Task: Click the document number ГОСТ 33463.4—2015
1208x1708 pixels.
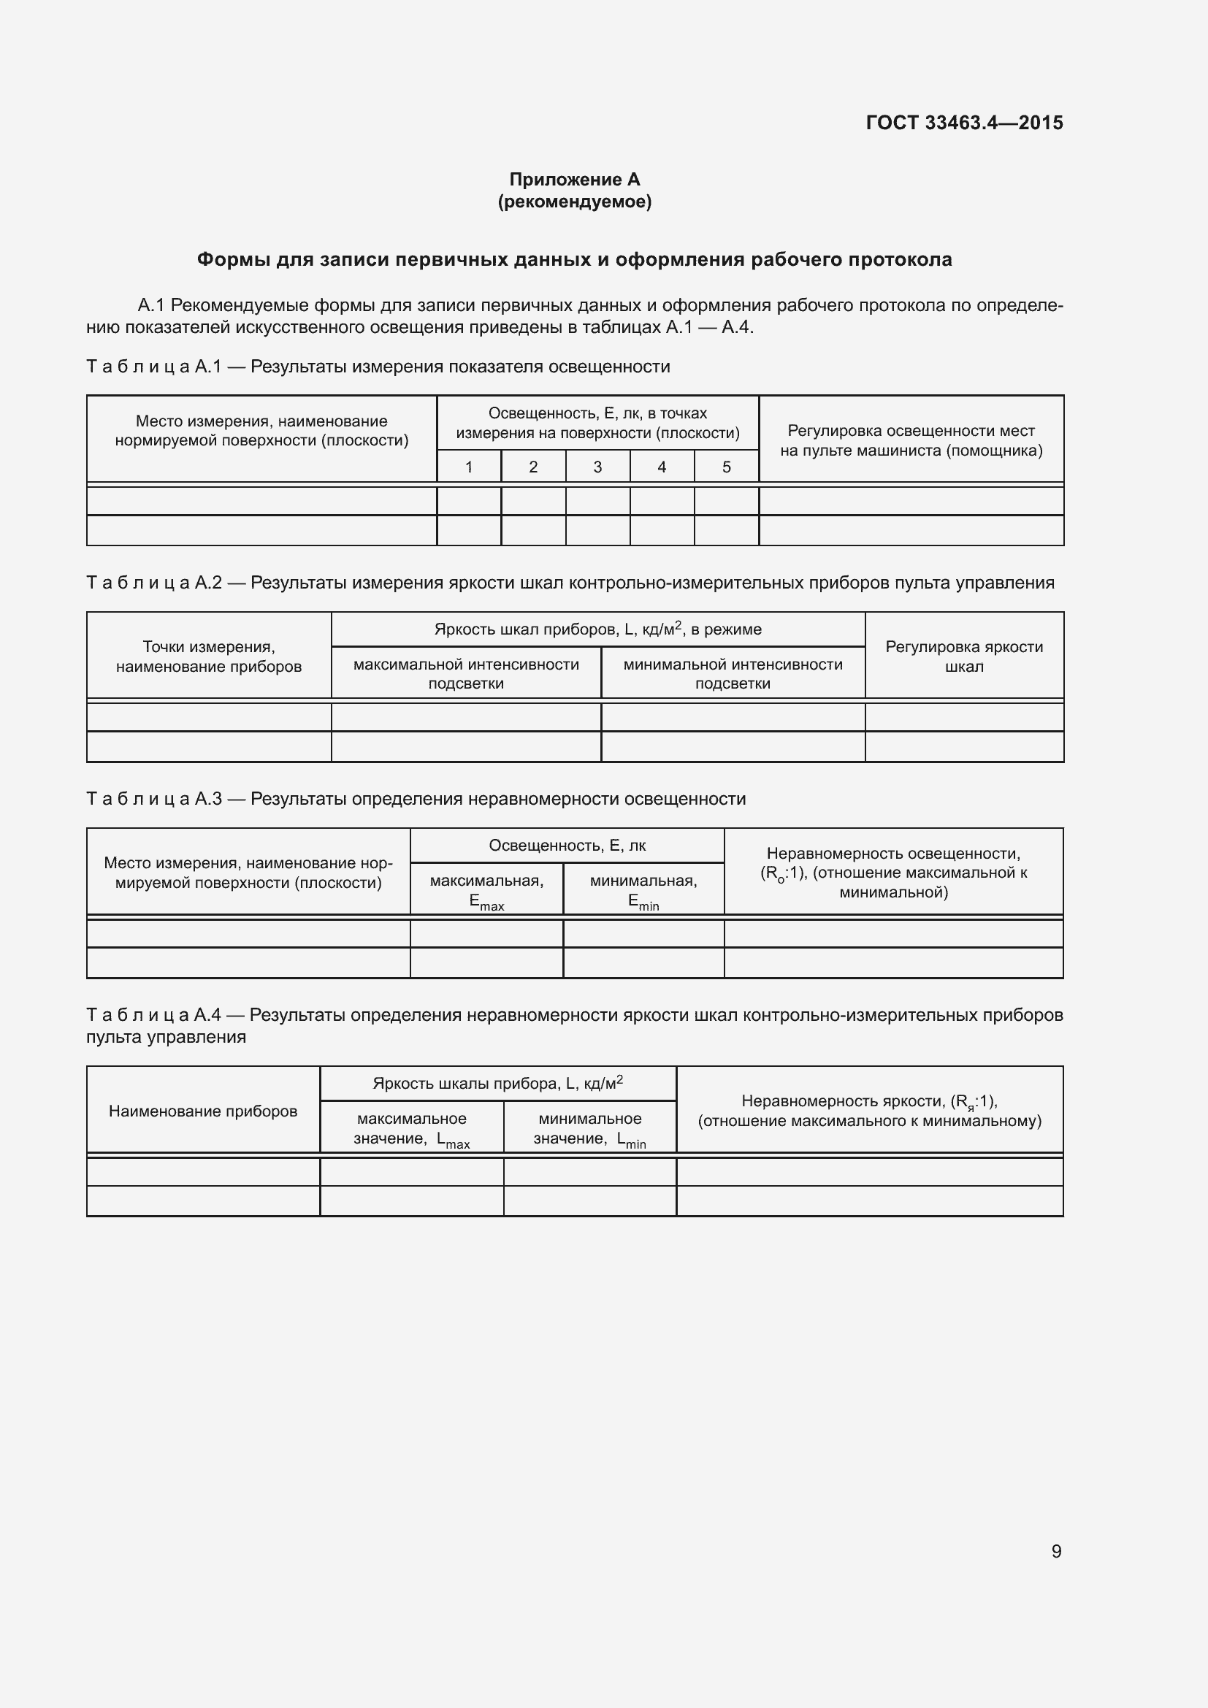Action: (x=964, y=123)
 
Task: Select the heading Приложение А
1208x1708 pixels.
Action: (x=574, y=180)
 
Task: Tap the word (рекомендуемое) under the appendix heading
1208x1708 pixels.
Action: (x=574, y=202)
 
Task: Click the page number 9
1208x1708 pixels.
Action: (x=1056, y=1551)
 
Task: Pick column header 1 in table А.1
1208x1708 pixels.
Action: (x=469, y=467)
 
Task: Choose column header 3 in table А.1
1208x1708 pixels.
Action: (x=597, y=467)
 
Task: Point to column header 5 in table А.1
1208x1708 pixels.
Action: (x=726, y=467)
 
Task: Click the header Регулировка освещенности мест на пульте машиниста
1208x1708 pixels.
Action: (x=911, y=440)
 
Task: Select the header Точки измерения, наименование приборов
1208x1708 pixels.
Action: (x=208, y=657)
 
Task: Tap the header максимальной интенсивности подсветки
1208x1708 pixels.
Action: (x=466, y=674)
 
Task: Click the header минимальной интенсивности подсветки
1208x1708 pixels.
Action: (x=733, y=674)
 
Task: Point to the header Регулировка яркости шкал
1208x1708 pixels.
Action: (x=964, y=657)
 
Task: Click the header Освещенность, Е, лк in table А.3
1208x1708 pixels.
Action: (x=567, y=846)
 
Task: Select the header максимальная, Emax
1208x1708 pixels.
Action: (x=486, y=891)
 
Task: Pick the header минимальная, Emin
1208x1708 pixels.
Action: (x=643, y=891)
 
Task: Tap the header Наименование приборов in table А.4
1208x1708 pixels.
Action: (x=202, y=1111)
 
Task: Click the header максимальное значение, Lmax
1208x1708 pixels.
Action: (x=411, y=1128)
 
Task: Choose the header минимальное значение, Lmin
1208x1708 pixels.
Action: (x=590, y=1128)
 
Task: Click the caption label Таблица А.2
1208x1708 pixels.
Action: (x=154, y=583)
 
